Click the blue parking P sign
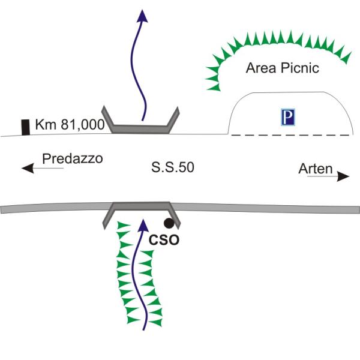coord(288,117)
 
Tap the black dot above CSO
coord(169,223)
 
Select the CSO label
coord(164,240)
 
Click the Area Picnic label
coord(283,68)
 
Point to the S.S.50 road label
coord(173,167)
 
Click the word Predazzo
coord(73,158)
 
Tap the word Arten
coord(316,169)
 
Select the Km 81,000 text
coord(70,125)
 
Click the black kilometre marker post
coord(25,127)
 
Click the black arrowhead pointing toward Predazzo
coord(28,168)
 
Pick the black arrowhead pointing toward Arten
coord(343,176)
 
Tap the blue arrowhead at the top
coord(142,16)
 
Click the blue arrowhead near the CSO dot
coord(143,225)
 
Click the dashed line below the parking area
coord(290,135)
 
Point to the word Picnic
coord(300,68)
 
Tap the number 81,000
coord(83,125)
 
